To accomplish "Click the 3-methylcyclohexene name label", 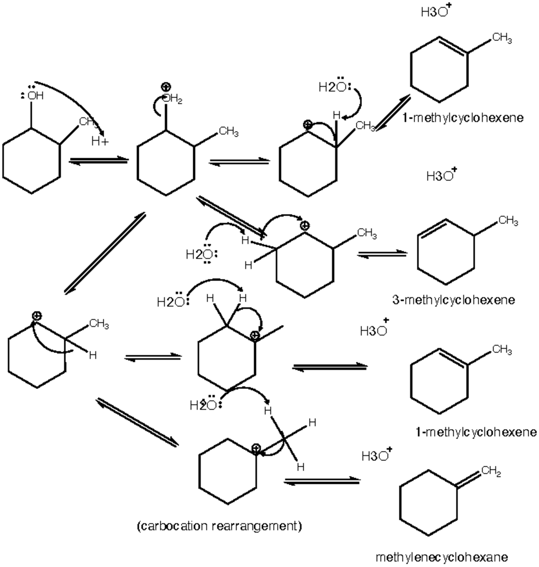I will [453, 300].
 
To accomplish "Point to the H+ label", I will [99, 142].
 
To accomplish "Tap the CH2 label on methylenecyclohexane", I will [490, 472].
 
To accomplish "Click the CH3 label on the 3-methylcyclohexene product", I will [508, 221].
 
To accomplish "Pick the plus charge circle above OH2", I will [166, 87].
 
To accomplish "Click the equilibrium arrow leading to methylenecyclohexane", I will [322, 481].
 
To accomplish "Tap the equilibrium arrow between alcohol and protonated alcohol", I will [98, 160].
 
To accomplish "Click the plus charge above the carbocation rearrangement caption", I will [256, 447].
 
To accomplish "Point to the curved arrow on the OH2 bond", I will [156, 107].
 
